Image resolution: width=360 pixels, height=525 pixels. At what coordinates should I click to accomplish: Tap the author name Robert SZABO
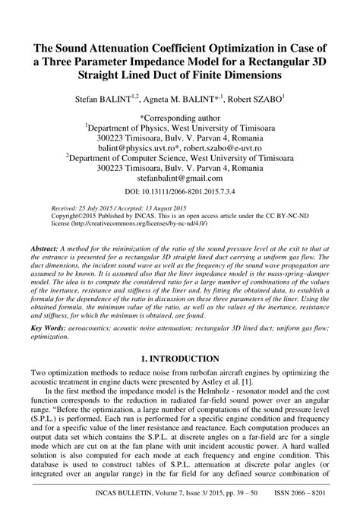[x=259, y=99]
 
